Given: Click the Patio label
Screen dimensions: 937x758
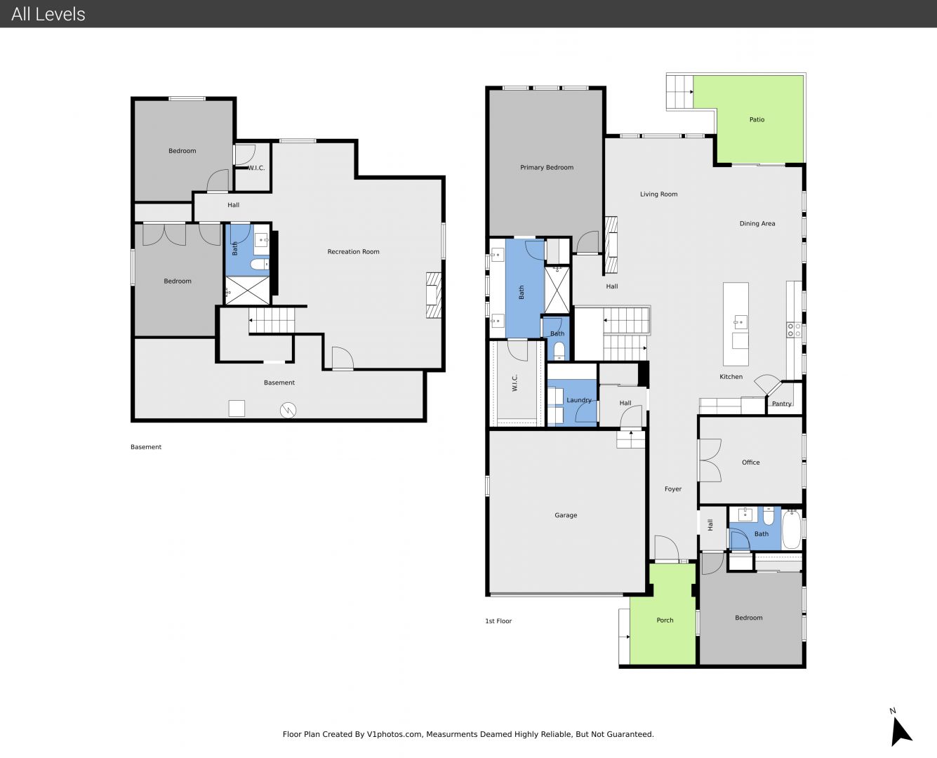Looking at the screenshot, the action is click(x=757, y=119).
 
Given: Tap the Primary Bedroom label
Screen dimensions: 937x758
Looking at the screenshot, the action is click(x=546, y=168).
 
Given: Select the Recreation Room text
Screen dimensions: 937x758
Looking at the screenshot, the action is click(x=353, y=252).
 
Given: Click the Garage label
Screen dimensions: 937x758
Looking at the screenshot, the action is click(x=566, y=515).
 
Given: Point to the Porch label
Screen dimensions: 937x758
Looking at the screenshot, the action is click(x=665, y=620).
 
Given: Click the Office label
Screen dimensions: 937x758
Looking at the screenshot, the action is click(x=750, y=463).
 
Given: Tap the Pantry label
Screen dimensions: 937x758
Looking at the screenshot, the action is click(x=782, y=404).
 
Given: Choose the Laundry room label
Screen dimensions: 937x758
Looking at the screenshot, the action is click(x=579, y=400).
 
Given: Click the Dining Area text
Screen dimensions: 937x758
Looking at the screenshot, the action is click(x=757, y=223).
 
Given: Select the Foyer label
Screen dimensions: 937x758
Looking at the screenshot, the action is click(x=673, y=489).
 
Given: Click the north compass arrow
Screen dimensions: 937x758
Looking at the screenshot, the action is click(x=900, y=731).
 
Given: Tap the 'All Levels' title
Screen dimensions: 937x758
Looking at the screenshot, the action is click(x=48, y=14).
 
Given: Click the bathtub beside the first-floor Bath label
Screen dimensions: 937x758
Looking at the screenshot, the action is click(x=792, y=530).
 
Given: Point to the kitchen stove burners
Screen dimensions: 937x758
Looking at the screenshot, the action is click(x=794, y=330).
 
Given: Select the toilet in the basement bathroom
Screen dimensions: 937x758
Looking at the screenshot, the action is click(x=259, y=265).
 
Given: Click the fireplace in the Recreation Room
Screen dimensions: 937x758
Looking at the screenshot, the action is click(x=433, y=295).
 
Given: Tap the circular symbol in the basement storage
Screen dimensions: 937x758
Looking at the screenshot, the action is click(x=288, y=411).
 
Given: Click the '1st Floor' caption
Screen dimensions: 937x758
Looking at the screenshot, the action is click(x=498, y=621).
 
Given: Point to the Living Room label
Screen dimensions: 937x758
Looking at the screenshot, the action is click(x=658, y=194).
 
